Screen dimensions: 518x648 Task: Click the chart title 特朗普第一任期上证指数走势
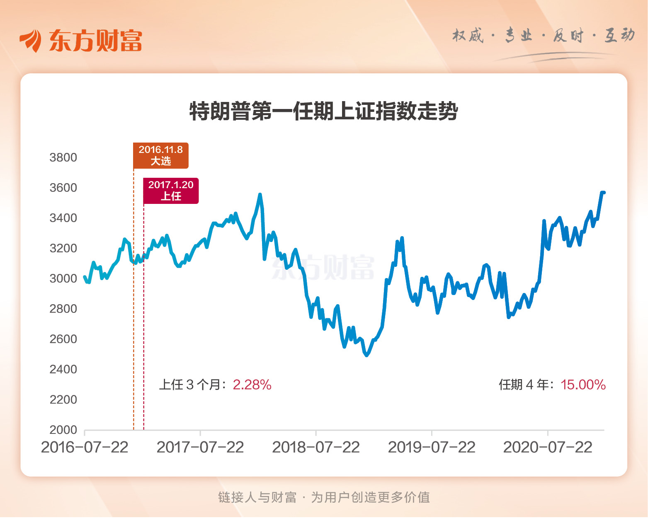tap(323, 111)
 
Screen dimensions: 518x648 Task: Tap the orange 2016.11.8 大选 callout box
tap(160, 155)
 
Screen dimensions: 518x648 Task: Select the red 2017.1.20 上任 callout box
tap(171, 191)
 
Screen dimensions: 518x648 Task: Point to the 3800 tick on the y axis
tap(63, 157)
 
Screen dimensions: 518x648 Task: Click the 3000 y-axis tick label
tap(63, 278)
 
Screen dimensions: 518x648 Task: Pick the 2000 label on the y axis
tap(63, 430)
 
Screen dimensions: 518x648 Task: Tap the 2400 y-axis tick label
tap(63, 369)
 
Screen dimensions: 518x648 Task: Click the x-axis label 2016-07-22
tap(85, 448)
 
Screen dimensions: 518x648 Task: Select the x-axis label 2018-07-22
tap(316, 448)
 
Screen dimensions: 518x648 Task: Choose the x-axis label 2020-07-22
tap(548, 448)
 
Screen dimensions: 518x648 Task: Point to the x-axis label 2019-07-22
tap(432, 448)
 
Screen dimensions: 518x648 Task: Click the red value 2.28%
tap(252, 385)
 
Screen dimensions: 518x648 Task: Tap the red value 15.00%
tap(583, 385)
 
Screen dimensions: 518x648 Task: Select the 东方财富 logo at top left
tap(81, 41)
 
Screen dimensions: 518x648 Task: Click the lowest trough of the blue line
tap(366, 355)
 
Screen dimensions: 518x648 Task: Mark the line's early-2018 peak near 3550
tap(260, 194)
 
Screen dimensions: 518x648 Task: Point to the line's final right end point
tap(604, 192)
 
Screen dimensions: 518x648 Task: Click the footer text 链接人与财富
tap(257, 497)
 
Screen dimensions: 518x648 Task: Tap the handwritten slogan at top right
tap(543, 36)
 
